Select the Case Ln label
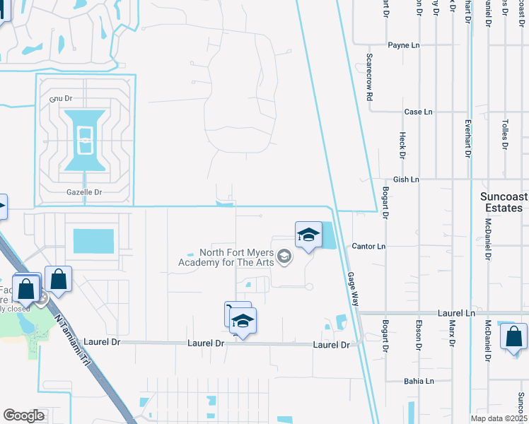[417, 112]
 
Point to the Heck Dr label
[402, 145]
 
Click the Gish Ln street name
[407, 179]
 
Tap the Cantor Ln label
[369, 246]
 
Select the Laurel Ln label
[455, 312]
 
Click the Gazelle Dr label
[85, 192]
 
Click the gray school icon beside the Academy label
[285, 257]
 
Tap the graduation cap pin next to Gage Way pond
[308, 235]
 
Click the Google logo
[23, 416]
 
